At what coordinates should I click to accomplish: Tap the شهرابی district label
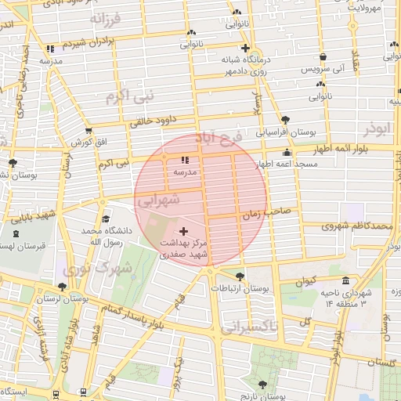click(159, 200)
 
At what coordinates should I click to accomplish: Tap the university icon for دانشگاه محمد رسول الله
click(106, 219)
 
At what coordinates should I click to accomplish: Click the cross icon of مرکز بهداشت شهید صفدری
click(183, 231)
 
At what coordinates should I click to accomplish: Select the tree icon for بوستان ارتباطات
click(239, 276)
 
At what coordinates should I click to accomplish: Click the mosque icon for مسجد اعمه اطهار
click(287, 153)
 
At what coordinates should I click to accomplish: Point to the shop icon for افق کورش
click(88, 132)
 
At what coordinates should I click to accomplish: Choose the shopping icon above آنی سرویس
click(323, 57)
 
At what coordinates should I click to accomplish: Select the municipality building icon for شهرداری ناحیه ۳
click(345, 281)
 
